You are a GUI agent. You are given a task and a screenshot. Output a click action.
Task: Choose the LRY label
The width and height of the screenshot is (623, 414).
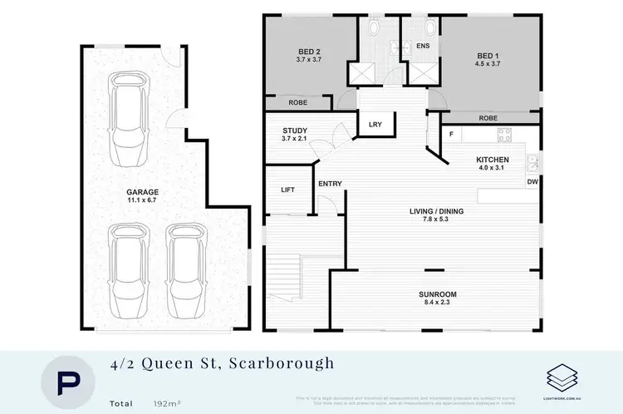coord(375,125)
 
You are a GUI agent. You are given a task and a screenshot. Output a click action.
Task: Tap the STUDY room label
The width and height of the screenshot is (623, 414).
coord(295,131)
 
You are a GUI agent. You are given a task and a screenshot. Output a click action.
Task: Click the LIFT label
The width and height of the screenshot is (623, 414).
coord(288,190)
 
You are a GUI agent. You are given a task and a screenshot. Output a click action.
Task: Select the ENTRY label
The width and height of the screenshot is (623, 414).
coord(329,184)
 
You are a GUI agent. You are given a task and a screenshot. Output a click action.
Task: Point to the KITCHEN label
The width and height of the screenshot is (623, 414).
coord(493,160)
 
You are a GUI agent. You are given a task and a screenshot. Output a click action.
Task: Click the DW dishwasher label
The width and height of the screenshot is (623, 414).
coord(532,181)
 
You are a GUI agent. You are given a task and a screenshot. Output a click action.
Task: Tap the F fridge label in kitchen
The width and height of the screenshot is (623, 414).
coord(451,133)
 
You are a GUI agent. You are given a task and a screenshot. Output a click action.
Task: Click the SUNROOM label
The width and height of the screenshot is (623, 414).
coord(439,294)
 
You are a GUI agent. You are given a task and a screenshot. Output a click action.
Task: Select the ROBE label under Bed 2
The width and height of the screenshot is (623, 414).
coord(298,103)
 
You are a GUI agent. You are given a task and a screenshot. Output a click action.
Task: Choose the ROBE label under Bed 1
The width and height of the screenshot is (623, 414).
coord(488,118)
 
